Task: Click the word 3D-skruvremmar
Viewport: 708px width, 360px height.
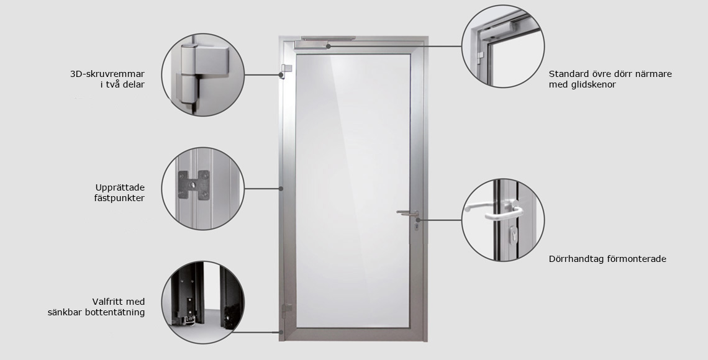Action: tap(107, 74)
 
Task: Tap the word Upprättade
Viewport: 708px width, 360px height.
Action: tap(120, 187)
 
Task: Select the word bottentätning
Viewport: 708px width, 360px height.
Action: tap(115, 312)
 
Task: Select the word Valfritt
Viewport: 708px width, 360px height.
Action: tap(107, 302)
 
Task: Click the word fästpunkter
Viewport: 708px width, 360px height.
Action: tap(119, 198)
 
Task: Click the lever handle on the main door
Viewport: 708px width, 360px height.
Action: tap(408, 212)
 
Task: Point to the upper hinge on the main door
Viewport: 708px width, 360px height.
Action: tap(285, 71)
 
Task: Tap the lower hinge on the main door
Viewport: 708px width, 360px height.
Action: tap(286, 310)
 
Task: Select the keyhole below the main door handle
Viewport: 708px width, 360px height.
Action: tap(416, 225)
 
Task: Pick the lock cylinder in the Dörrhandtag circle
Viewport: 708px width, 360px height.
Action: tap(514, 235)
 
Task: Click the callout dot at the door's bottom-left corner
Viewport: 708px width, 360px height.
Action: tap(281, 333)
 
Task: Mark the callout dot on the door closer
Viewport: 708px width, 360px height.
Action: tap(329, 46)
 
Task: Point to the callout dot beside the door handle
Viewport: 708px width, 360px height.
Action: tap(419, 220)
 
